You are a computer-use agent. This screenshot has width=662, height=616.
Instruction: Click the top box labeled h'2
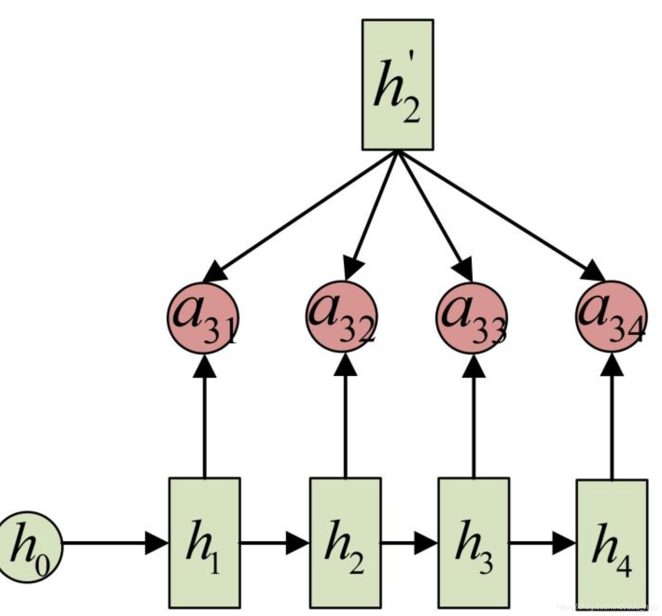pos(397,84)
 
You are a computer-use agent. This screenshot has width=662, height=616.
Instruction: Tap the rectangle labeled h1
pos(204,542)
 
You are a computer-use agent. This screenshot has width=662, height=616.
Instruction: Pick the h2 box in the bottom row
pos(345,542)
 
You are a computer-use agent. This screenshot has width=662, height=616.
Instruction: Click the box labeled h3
pos(474,542)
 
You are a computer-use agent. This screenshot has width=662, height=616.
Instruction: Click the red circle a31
pos(202,317)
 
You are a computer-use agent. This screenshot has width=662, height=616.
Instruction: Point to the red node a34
pos(611,316)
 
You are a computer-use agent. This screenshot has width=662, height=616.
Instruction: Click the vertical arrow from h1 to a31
pos(204,419)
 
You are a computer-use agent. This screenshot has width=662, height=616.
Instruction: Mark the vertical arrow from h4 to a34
pos(612,419)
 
